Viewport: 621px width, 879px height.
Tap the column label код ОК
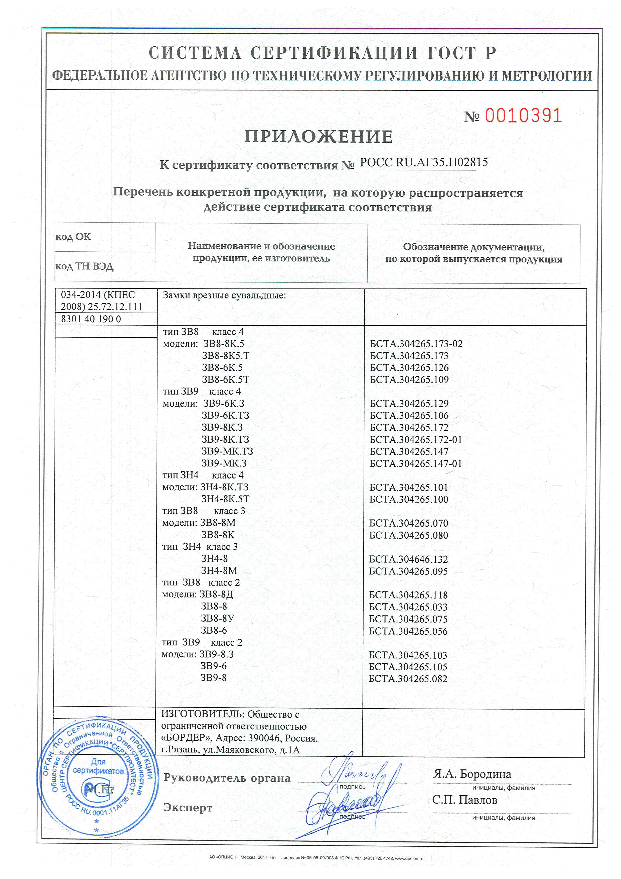coord(73,237)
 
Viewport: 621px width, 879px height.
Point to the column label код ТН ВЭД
coord(84,266)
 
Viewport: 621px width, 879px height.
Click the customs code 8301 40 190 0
coord(91,319)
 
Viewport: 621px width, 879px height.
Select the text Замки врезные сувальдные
coord(224,295)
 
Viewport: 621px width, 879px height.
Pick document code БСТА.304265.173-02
coord(416,344)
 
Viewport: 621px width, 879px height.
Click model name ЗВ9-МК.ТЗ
coord(227,451)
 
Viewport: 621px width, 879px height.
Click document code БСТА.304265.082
coord(408,679)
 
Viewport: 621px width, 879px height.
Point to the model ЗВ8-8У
coord(218,619)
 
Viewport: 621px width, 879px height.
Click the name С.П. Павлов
coord(464,800)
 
